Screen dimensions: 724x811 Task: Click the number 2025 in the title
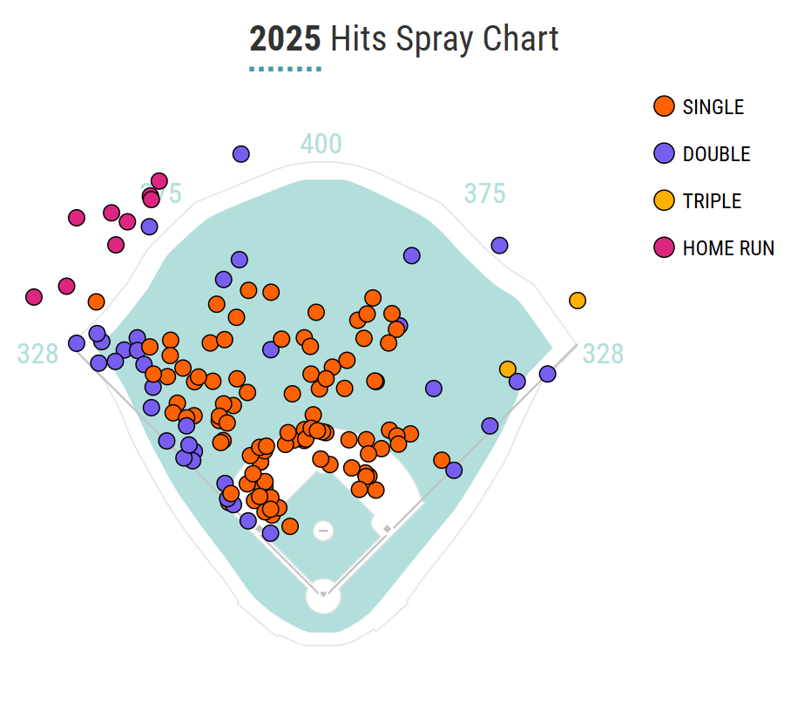click(x=285, y=39)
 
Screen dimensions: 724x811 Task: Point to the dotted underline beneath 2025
click(x=285, y=68)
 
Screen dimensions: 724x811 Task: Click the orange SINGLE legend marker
click(x=664, y=107)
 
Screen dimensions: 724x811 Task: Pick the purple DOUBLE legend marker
click(x=664, y=154)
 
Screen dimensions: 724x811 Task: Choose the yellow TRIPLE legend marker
click(x=664, y=201)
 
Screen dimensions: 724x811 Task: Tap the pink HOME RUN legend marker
click(x=664, y=248)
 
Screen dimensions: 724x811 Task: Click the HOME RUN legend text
click(x=728, y=248)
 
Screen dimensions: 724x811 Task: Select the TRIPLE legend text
click(x=712, y=201)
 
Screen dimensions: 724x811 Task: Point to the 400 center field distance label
click(x=321, y=145)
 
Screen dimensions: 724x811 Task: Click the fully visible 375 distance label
click(x=484, y=193)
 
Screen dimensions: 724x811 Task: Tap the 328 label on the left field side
click(x=37, y=354)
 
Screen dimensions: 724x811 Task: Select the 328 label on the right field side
click(x=603, y=354)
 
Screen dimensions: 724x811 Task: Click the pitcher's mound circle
click(x=323, y=530)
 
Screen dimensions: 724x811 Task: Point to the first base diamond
click(x=388, y=529)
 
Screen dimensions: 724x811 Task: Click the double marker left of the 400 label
click(x=241, y=154)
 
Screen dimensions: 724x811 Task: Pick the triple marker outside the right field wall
click(x=578, y=301)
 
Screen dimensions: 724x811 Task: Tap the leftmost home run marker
click(x=34, y=297)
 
